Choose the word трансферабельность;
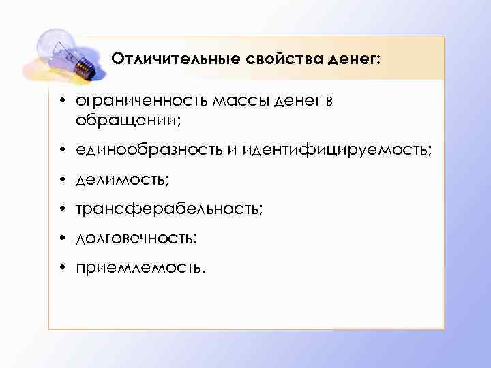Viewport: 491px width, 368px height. [168, 208]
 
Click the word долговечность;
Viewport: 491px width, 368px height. [137, 237]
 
